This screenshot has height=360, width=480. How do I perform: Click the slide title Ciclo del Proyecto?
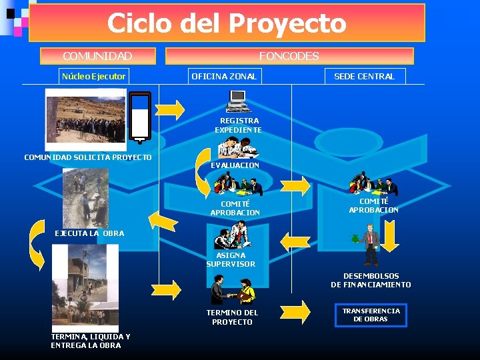227,23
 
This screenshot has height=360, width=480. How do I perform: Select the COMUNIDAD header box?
97,56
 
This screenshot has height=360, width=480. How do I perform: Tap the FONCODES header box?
289,56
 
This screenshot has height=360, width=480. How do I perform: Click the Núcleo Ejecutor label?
93,76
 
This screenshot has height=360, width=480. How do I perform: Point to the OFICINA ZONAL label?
224,76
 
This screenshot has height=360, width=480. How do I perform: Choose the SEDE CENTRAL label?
364,76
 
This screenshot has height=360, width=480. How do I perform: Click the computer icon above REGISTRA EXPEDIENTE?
237,101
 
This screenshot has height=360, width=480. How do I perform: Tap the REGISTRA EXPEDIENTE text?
238,125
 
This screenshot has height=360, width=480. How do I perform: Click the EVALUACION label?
235,165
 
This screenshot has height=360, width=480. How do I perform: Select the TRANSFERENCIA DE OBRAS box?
371,315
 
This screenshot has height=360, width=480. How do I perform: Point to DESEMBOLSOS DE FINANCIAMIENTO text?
371,280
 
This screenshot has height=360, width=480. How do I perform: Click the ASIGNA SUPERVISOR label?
231,259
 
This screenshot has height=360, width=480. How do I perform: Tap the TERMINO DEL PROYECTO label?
232,317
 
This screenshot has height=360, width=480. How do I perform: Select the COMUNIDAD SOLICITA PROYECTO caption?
88,157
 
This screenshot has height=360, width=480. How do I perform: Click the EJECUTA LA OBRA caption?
89,233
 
